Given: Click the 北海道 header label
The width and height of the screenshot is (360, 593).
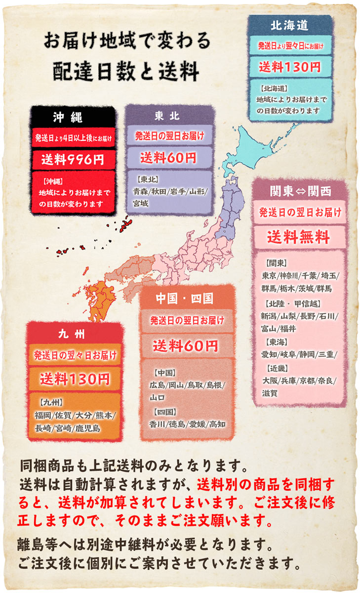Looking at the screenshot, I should (x=289, y=25).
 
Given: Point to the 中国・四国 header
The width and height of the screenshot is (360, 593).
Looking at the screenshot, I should (x=184, y=298).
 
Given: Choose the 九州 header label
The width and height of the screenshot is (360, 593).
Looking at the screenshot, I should (x=75, y=334).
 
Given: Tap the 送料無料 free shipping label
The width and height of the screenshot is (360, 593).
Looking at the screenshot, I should (x=298, y=237).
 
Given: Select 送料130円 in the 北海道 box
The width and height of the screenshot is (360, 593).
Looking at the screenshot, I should (x=289, y=66).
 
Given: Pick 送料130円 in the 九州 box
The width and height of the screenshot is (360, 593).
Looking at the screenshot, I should (x=75, y=379).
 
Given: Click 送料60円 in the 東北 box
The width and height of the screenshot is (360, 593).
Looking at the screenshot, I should (x=168, y=158).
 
